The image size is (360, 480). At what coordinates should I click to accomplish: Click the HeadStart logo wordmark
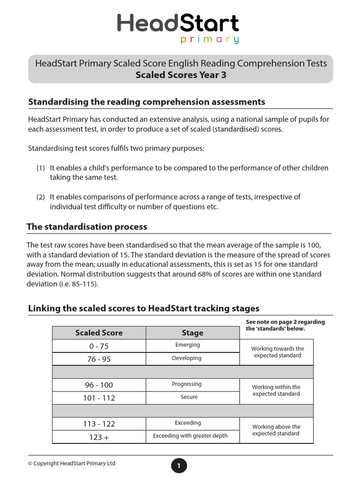tap(178, 24)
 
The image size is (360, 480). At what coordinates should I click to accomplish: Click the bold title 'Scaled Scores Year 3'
tap(180, 75)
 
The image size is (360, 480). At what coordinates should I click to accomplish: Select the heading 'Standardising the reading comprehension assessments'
tap(147, 102)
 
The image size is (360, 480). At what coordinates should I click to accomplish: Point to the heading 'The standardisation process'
tap(87, 227)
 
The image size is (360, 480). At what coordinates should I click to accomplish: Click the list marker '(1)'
tap(41, 168)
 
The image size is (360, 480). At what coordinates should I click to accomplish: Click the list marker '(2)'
tap(41, 197)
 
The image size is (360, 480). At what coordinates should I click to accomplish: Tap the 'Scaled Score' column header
tap(99, 333)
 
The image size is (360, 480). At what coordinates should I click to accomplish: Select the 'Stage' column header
tap(192, 333)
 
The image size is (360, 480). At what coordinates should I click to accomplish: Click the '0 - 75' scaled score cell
tap(99, 346)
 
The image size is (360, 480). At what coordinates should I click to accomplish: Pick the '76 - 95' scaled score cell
tap(99, 359)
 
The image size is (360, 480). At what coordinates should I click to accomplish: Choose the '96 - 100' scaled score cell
tap(99, 385)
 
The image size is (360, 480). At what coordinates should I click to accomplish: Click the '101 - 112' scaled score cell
tap(99, 398)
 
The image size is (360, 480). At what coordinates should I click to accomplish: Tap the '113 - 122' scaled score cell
tap(99, 424)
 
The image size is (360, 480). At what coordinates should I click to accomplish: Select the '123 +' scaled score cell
tap(99, 437)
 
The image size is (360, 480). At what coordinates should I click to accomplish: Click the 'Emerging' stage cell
tap(187, 345)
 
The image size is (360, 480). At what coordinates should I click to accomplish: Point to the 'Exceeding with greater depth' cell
tap(190, 436)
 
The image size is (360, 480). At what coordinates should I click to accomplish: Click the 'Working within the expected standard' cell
tap(276, 390)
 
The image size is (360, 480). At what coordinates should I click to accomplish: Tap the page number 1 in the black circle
tap(179, 466)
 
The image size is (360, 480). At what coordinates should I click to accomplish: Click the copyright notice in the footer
tap(72, 464)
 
